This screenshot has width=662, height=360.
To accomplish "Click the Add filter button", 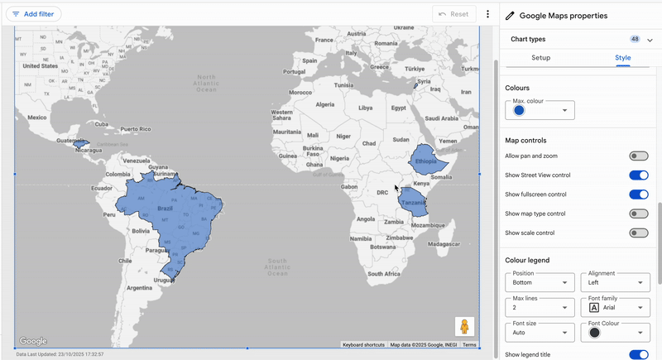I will pyautogui.click(x=33, y=14).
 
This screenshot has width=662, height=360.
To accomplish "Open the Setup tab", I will pyautogui.click(x=540, y=58).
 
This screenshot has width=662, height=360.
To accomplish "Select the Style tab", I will pyautogui.click(x=622, y=58).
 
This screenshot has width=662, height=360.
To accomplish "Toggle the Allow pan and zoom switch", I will pyautogui.click(x=638, y=156).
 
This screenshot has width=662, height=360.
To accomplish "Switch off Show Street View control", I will pyautogui.click(x=638, y=175).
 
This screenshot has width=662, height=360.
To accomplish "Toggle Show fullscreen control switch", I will pyautogui.click(x=638, y=194).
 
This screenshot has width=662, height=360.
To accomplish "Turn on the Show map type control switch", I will pyautogui.click(x=638, y=214).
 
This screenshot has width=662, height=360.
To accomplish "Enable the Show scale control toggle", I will pyautogui.click(x=638, y=233).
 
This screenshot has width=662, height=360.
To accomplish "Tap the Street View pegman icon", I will pyautogui.click(x=464, y=326).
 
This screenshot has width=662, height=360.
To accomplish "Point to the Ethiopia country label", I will pyautogui.click(x=426, y=161).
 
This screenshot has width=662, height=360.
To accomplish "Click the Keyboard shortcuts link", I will pyautogui.click(x=363, y=345).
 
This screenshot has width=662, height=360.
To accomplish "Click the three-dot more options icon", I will pyautogui.click(x=488, y=14).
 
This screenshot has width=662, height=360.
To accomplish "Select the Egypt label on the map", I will pyautogui.click(x=399, y=108).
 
